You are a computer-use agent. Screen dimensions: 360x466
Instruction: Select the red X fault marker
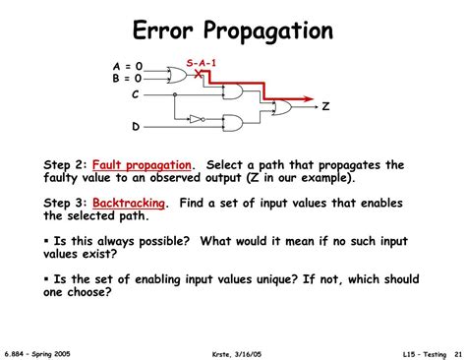pos(199,73)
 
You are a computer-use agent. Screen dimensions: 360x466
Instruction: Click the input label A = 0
pos(127,67)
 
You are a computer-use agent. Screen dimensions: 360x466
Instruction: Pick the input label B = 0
pos(127,78)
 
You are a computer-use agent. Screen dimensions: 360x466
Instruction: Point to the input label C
pos(136,95)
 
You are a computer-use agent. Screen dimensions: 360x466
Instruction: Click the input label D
pos(136,127)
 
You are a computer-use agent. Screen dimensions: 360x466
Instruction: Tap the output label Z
pos(323,106)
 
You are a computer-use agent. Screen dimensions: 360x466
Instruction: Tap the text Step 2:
pos(66,164)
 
